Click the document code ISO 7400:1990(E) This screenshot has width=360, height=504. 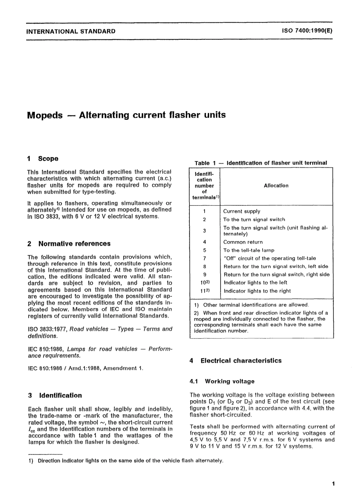[x=307, y=31]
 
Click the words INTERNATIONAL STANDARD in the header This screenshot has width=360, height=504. [x=71, y=31]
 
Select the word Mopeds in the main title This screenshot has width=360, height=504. [x=45, y=115]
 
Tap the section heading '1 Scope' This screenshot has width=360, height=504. [x=43, y=159]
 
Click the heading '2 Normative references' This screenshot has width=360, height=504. [x=69, y=244]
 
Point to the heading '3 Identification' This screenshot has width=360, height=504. [x=55, y=395]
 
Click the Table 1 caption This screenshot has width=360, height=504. [x=261, y=163]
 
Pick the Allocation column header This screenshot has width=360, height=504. [x=276, y=186]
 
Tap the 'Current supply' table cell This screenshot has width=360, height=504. [x=242, y=211]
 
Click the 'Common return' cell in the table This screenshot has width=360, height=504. [x=243, y=242]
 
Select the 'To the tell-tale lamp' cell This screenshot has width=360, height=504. [x=249, y=250]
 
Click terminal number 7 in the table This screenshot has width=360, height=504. [x=204, y=258]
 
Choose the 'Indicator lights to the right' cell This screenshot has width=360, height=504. [x=257, y=291]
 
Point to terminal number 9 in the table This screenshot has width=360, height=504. [x=204, y=275]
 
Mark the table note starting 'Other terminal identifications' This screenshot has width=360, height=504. [x=256, y=305]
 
